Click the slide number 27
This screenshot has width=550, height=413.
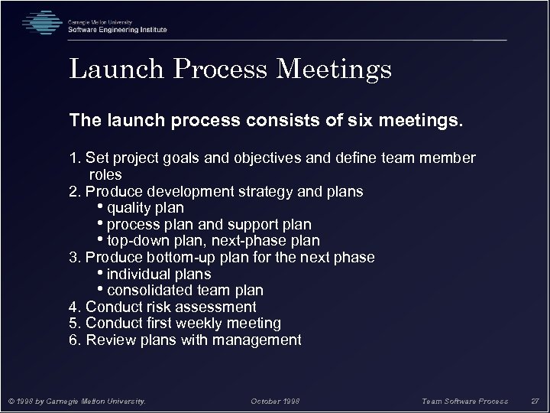click(x=535, y=401)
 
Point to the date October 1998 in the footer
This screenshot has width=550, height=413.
click(x=276, y=401)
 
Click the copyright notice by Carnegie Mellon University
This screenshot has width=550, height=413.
click(x=76, y=401)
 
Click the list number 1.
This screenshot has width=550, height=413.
click(x=74, y=158)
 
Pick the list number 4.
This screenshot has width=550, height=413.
click(x=74, y=307)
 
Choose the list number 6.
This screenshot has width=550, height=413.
click(x=74, y=340)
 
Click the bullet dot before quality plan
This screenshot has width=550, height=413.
click(x=102, y=207)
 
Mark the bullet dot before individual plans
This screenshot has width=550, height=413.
click(x=102, y=273)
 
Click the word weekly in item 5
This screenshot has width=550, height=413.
click(x=206, y=324)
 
